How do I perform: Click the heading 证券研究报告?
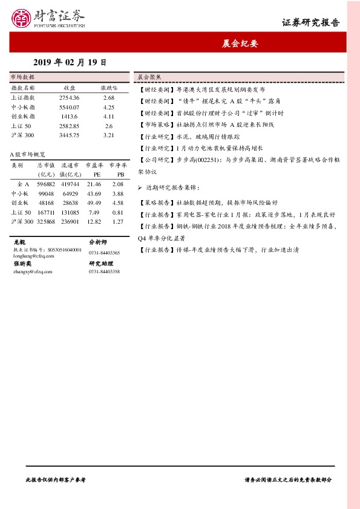point(310,23)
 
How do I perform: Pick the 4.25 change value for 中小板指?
point(109,106)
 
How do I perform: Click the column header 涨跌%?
point(108,88)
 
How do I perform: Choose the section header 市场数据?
point(23,77)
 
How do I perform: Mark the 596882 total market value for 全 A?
point(46,183)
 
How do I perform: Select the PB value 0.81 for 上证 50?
point(118,212)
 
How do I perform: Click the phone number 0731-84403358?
point(104,271)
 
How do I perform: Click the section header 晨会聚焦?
point(148,77)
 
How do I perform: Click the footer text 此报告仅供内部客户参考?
point(56,479)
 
